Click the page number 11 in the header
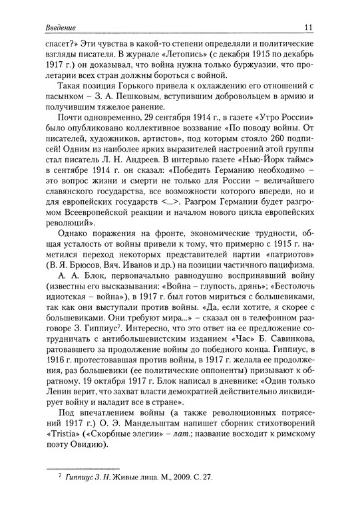click(308, 27)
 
